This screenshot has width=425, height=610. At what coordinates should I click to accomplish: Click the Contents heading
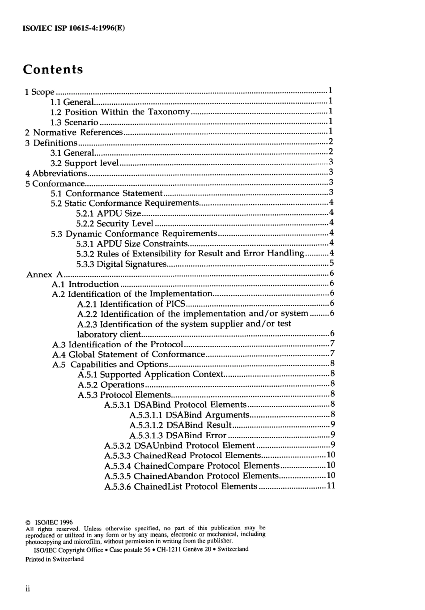point(53,70)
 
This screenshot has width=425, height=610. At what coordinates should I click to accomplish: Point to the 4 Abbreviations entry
point(56,173)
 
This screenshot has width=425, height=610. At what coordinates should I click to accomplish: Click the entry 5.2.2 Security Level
point(115,223)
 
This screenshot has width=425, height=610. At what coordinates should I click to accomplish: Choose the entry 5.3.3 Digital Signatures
point(121,264)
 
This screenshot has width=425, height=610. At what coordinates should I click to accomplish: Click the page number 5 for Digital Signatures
point(331,263)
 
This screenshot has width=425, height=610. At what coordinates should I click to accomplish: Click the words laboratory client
point(109,334)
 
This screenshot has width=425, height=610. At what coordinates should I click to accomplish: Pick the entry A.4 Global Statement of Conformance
point(128,354)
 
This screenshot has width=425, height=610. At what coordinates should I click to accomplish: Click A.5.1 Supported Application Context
point(150,375)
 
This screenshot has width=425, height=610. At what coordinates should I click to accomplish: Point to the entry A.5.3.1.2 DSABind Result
point(180,425)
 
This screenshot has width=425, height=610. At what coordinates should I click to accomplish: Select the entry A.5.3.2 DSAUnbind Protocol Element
point(179,446)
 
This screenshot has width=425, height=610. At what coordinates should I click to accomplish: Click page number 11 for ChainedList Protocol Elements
point(331,486)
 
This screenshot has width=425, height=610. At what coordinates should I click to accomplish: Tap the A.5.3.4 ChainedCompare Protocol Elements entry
point(191,466)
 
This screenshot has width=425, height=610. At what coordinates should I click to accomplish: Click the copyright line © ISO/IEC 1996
point(49,522)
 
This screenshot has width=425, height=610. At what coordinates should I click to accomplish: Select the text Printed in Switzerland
point(55,559)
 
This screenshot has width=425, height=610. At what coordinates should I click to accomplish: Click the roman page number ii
point(27,589)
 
